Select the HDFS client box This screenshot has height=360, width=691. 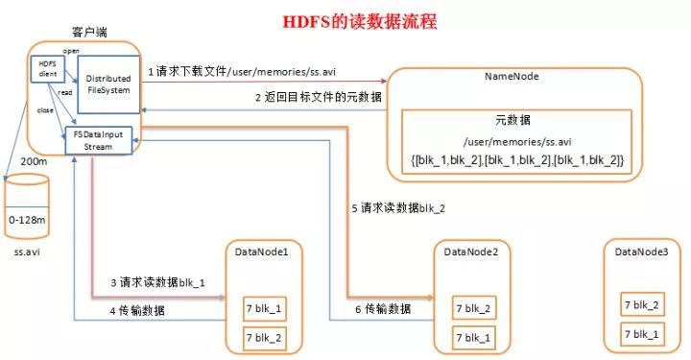44,71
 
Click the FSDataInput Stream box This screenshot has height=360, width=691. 100,140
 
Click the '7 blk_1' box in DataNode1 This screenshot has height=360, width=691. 262,309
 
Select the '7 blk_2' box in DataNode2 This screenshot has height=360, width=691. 474,308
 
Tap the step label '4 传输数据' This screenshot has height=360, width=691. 138,309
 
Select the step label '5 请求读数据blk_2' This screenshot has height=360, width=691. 397,206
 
